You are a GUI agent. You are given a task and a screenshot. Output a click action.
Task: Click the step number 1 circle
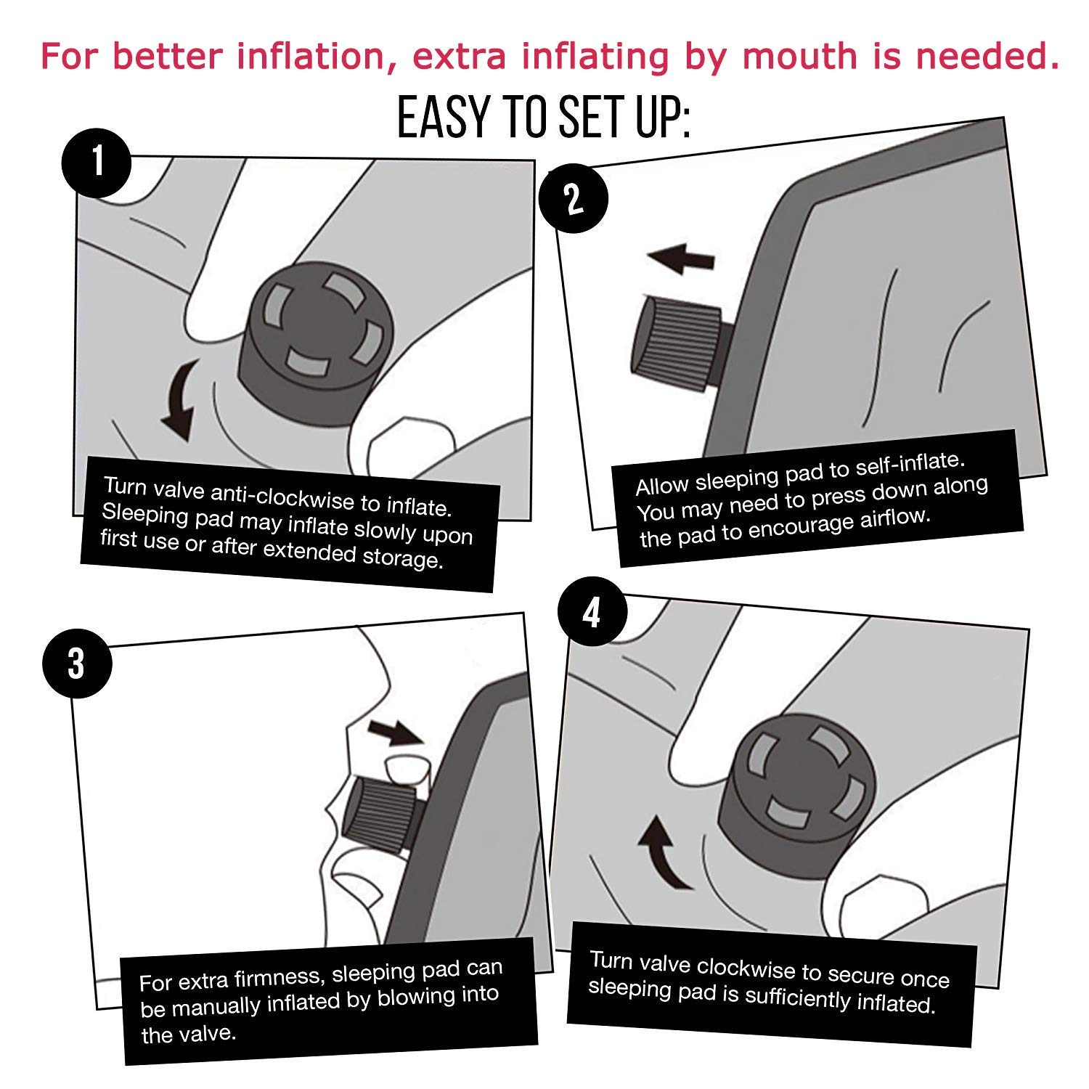97,163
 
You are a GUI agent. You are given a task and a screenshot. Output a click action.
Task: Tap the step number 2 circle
574,198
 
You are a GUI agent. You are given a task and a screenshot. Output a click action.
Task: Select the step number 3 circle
77,664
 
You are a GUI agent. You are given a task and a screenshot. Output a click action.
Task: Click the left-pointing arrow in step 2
680,258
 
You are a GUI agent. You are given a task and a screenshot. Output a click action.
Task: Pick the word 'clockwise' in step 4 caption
743,968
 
